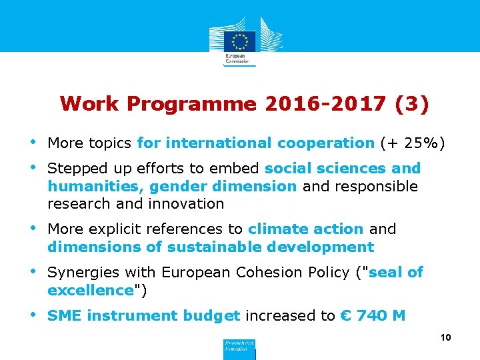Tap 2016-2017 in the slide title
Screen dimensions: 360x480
click(x=325, y=104)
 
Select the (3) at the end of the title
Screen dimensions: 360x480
click(x=412, y=104)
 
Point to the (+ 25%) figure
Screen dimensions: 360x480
click(x=413, y=143)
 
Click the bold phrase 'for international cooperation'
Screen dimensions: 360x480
click(x=255, y=143)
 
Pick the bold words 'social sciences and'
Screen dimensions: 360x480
click(x=343, y=168)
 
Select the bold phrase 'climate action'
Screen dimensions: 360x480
click(x=305, y=229)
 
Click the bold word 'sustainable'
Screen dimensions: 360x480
click(x=211, y=247)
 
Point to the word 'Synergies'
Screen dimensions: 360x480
click(x=80, y=272)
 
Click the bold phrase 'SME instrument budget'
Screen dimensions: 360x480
click(x=144, y=315)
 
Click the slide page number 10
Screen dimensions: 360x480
click(x=446, y=338)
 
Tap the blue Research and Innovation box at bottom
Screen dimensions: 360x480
click(x=238, y=348)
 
